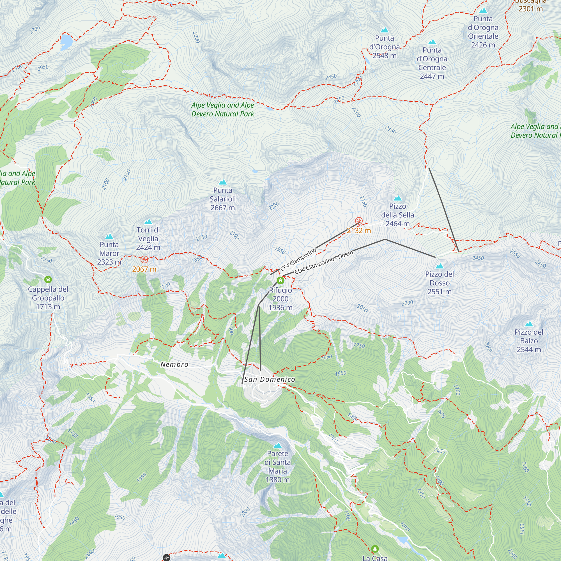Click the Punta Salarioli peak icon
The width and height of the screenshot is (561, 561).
pyautogui.click(x=223, y=182)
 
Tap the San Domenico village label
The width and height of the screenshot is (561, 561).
pyautogui.click(x=270, y=379)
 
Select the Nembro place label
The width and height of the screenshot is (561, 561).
pyautogui.click(x=174, y=364)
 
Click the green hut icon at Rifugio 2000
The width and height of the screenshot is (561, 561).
pyautogui.click(x=280, y=280)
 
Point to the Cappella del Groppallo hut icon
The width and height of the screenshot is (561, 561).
pyautogui.click(x=48, y=280)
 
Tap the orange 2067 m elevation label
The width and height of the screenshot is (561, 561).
pyautogui.click(x=144, y=269)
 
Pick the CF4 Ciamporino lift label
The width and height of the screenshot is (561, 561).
pyautogui.click(x=298, y=259)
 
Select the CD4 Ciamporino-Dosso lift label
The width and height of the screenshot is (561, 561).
pyautogui.click(x=324, y=262)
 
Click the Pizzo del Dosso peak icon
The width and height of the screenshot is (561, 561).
pyautogui.click(x=440, y=266)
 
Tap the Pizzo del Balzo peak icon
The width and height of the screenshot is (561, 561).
pyautogui.click(x=529, y=324)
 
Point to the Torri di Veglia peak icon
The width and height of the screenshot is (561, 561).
pyautogui.click(x=148, y=222)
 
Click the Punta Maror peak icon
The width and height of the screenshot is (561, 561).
pyautogui.click(x=109, y=236)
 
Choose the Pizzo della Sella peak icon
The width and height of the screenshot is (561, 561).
pyautogui.click(x=397, y=198)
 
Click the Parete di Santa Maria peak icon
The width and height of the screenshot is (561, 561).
pyautogui.click(x=278, y=445)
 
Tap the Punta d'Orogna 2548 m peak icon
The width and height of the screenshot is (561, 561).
pyautogui.click(x=385, y=30)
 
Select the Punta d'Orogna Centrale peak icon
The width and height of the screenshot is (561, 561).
pyautogui.click(x=432, y=42)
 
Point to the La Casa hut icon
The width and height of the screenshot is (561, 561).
pyautogui.click(x=375, y=549)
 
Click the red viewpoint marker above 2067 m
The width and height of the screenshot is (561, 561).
pyautogui.click(x=144, y=259)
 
